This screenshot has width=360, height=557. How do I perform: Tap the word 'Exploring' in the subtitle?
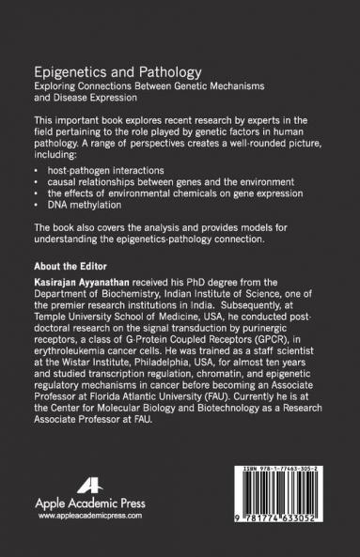pos(55,85)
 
